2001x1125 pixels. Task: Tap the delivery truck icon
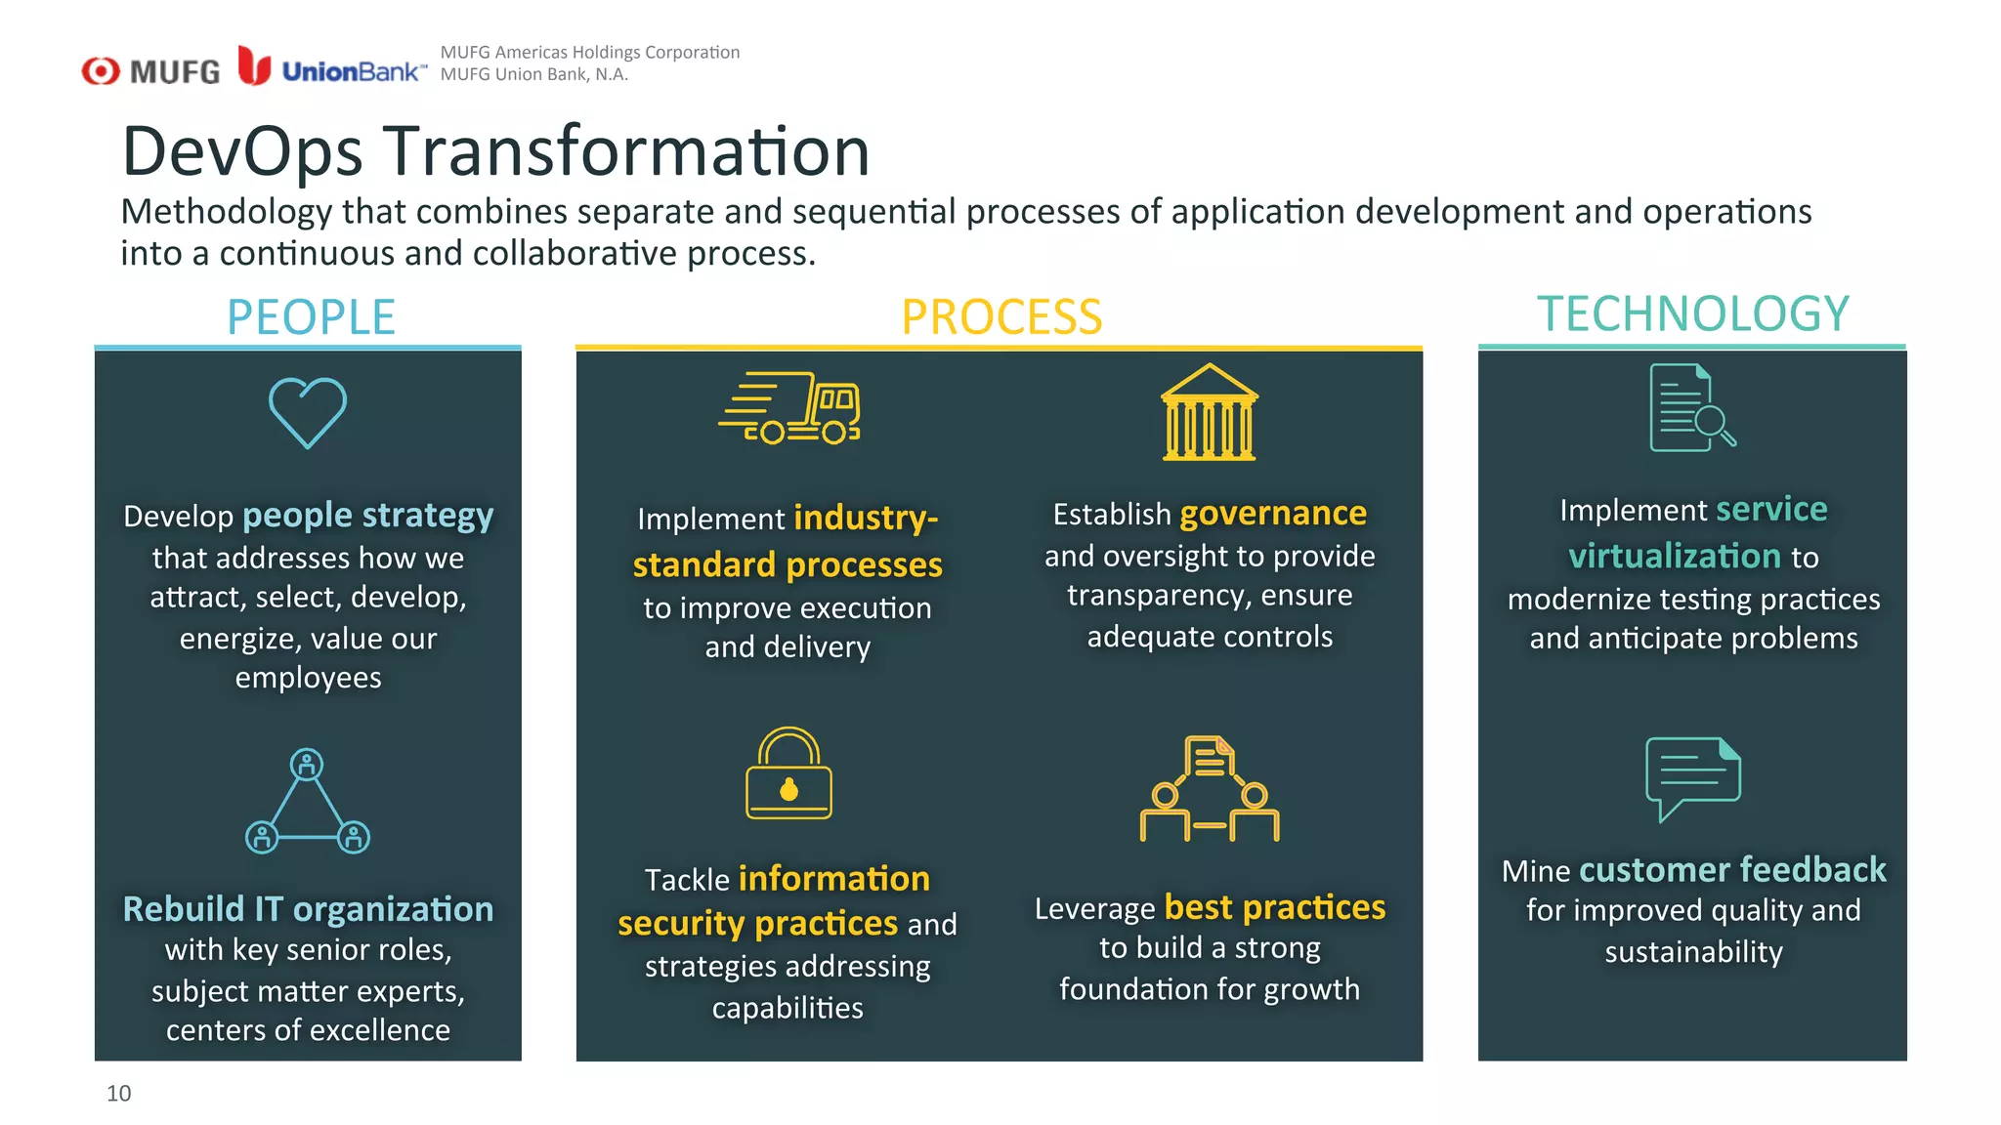point(789,408)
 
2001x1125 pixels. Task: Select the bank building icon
point(1209,412)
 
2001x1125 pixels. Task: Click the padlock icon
point(788,773)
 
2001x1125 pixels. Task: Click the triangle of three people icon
point(308,802)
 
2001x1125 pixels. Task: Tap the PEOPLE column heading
point(311,317)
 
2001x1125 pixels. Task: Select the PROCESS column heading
point(1001,317)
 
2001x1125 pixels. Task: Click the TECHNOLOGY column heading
point(1692,313)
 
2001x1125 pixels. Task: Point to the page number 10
point(118,1093)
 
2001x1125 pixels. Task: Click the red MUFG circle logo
point(101,70)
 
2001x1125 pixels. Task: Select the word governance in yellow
point(1273,513)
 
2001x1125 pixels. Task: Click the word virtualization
point(1674,556)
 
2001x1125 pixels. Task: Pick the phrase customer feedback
point(1731,869)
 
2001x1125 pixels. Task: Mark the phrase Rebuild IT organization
point(308,908)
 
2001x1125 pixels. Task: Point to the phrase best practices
point(1274,907)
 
